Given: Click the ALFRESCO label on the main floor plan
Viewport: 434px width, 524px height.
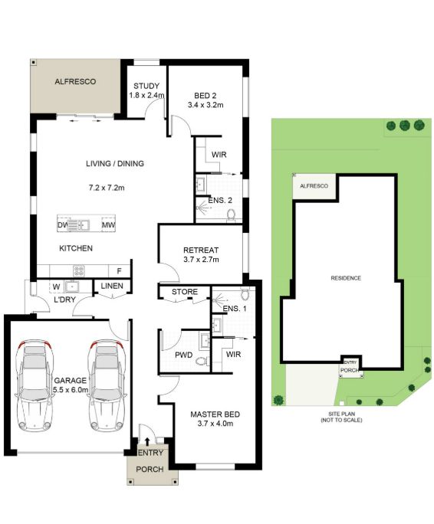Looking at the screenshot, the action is [75, 81].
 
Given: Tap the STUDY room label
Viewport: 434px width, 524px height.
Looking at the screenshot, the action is [146, 86].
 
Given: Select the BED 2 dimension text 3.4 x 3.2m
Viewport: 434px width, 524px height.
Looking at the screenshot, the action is [205, 105].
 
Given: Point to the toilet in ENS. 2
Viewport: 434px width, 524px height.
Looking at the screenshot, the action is [232, 215].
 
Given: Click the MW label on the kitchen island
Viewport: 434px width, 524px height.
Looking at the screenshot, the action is [109, 225].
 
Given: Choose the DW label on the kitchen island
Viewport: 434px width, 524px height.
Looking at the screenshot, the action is [63, 225].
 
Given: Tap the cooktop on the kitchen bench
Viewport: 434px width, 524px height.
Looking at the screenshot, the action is [79, 270].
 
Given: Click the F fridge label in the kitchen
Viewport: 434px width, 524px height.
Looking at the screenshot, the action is [119, 271].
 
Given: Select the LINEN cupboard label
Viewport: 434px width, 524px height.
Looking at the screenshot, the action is [112, 286].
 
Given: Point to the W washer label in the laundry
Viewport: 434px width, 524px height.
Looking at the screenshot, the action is [56, 287].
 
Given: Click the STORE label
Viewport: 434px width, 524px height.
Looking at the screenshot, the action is [185, 292].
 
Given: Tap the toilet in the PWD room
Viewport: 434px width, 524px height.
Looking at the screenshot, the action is [202, 362].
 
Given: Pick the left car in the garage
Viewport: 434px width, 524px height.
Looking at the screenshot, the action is [35, 385].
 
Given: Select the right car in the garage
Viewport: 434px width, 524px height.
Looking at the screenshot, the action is [107, 385].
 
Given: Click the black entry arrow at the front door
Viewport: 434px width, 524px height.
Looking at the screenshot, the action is [147, 442].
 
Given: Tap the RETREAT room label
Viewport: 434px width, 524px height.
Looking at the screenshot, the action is [201, 250].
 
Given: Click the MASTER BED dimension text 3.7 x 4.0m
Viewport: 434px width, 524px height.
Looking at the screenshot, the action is [215, 424].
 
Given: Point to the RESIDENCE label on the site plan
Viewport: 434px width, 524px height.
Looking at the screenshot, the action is [346, 278].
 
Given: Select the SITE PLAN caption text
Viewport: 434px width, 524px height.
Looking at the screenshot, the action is [341, 414].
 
